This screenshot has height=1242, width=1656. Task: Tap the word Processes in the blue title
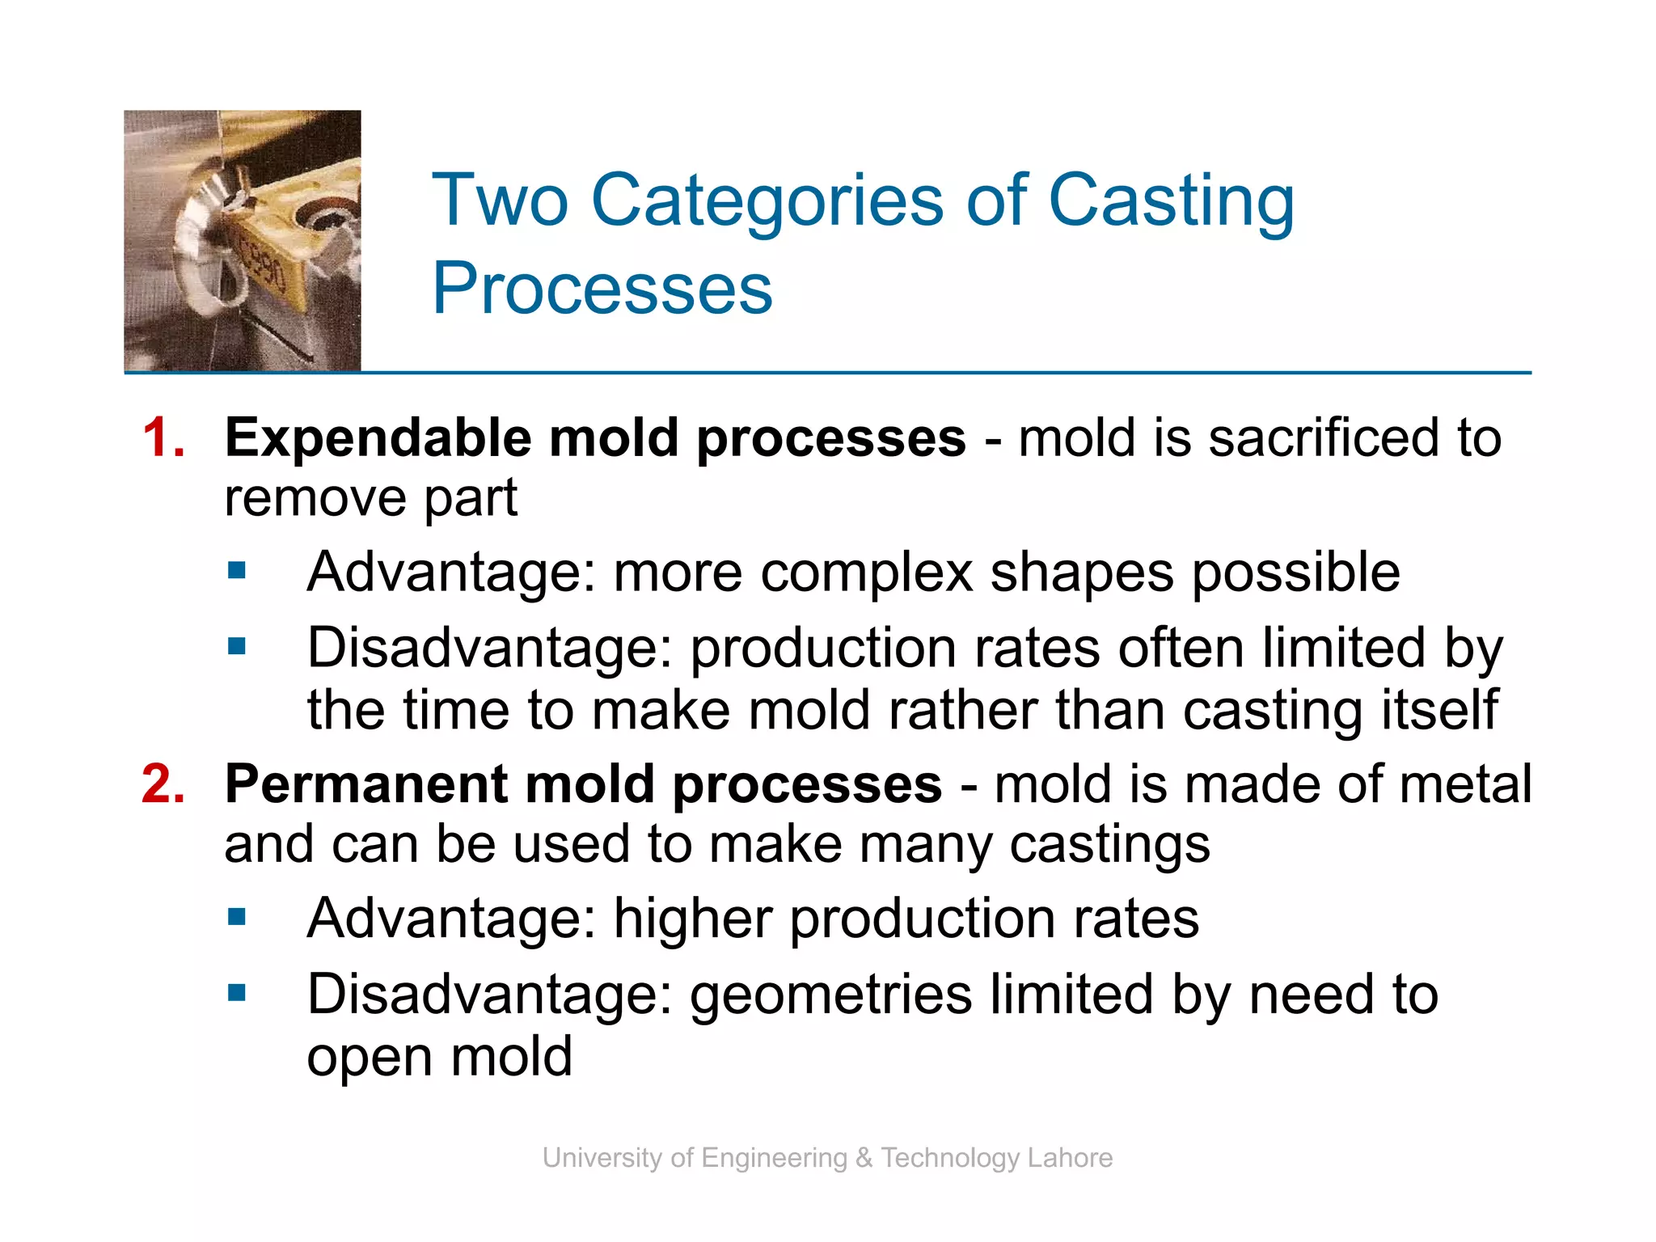pyautogui.click(x=602, y=289)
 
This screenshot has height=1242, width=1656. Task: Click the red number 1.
pyautogui.click(x=162, y=438)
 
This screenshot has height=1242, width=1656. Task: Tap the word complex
pyautogui.click(x=866, y=573)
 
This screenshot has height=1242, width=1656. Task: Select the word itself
pyautogui.click(x=1439, y=710)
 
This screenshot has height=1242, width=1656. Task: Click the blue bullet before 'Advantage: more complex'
pyautogui.click(x=237, y=572)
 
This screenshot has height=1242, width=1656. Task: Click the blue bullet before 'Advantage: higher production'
pyautogui.click(x=237, y=917)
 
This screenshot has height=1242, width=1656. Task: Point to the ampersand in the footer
pyautogui.click(x=864, y=1158)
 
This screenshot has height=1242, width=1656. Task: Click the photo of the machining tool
pyautogui.click(x=243, y=241)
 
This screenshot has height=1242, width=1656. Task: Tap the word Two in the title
pyautogui.click(x=501, y=201)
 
